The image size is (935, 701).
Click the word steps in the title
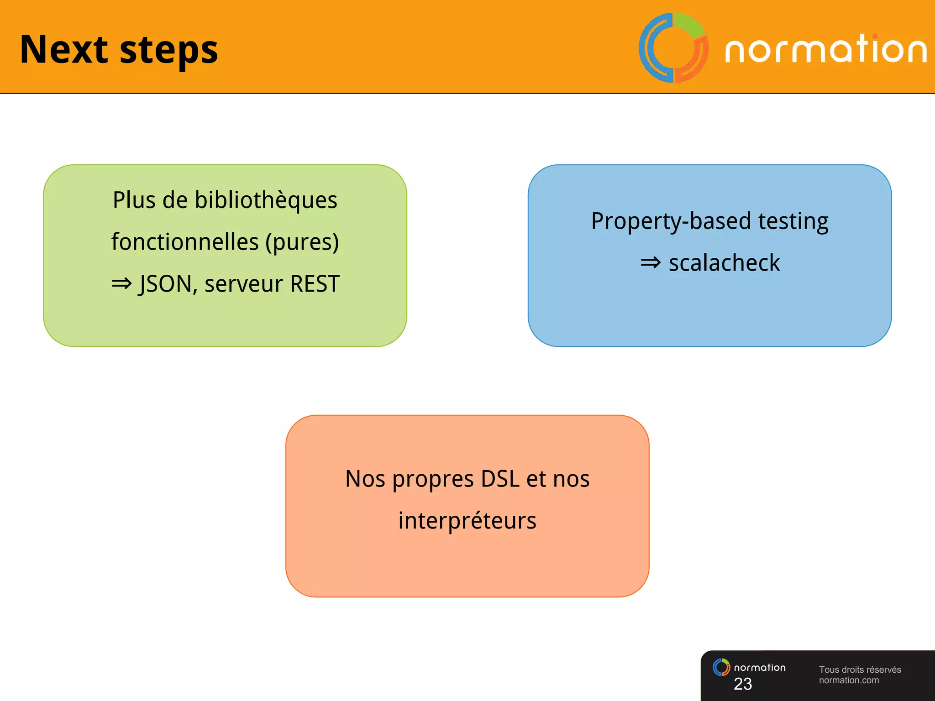click(x=168, y=51)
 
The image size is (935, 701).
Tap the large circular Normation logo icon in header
click(x=673, y=48)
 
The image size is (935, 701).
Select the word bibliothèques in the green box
click(x=266, y=200)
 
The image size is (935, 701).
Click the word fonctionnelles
click(x=185, y=242)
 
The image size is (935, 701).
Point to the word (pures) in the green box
click(x=302, y=242)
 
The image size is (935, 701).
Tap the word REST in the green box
click(x=315, y=284)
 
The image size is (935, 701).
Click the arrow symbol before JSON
click(x=121, y=284)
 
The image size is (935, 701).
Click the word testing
click(x=793, y=221)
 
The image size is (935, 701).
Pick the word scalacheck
click(x=724, y=263)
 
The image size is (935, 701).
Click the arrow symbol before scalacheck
click(x=651, y=262)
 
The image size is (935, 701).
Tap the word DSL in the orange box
click(x=500, y=479)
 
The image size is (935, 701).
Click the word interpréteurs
click(x=467, y=521)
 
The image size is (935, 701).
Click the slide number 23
click(x=743, y=684)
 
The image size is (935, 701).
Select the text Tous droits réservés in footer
click(x=860, y=670)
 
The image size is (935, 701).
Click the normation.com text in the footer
click(x=848, y=680)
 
